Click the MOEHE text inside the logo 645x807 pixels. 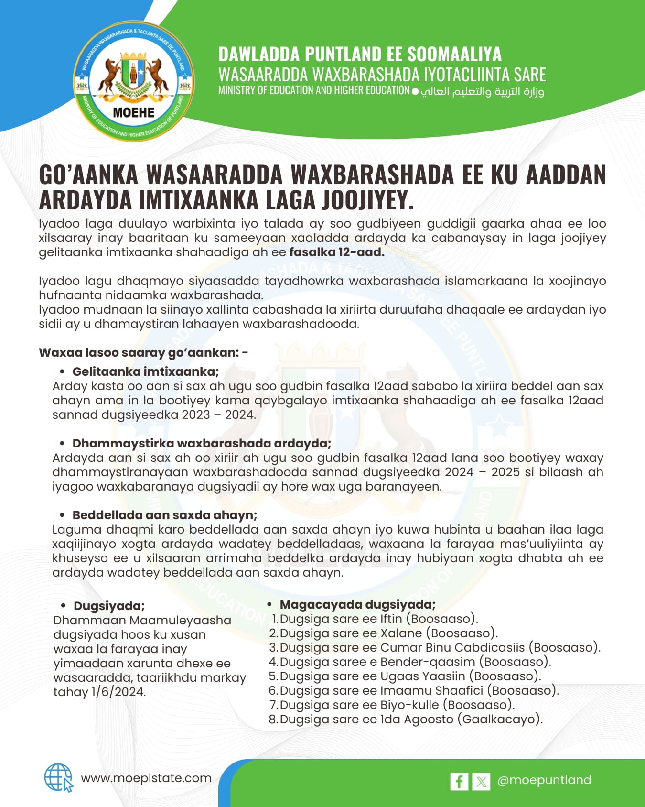[x=134, y=113]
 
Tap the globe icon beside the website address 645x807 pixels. [x=58, y=778]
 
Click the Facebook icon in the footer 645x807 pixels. [x=459, y=781]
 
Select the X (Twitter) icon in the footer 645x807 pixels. [x=481, y=781]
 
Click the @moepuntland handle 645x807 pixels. [x=544, y=780]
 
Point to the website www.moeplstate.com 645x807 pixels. [x=146, y=778]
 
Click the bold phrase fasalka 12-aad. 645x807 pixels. [x=337, y=252]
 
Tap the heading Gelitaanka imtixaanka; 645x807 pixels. [x=146, y=371]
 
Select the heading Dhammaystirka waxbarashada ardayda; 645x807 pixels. [x=202, y=443]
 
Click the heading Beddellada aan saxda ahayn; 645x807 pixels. [x=165, y=515]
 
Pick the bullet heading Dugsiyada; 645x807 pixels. [x=109, y=606]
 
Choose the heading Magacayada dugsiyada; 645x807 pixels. [x=357, y=605]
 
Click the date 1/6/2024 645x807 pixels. [x=118, y=692]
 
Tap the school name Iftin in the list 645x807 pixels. [x=391, y=619]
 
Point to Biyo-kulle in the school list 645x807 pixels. [x=409, y=705]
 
